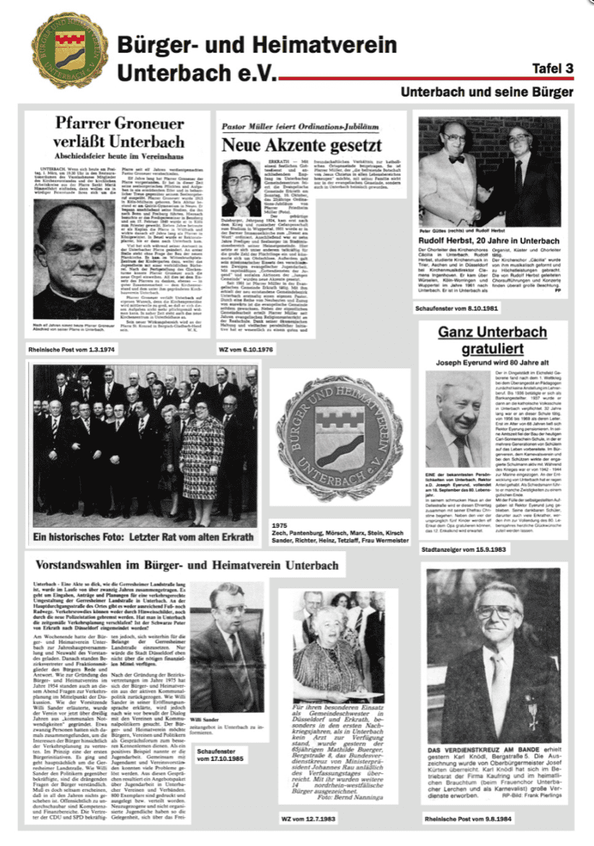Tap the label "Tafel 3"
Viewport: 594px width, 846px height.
pyautogui.click(x=552, y=69)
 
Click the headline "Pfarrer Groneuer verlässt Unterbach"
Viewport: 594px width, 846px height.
pyautogui.click(x=118, y=132)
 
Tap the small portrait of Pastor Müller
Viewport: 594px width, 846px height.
pyautogui.click(x=241, y=188)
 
